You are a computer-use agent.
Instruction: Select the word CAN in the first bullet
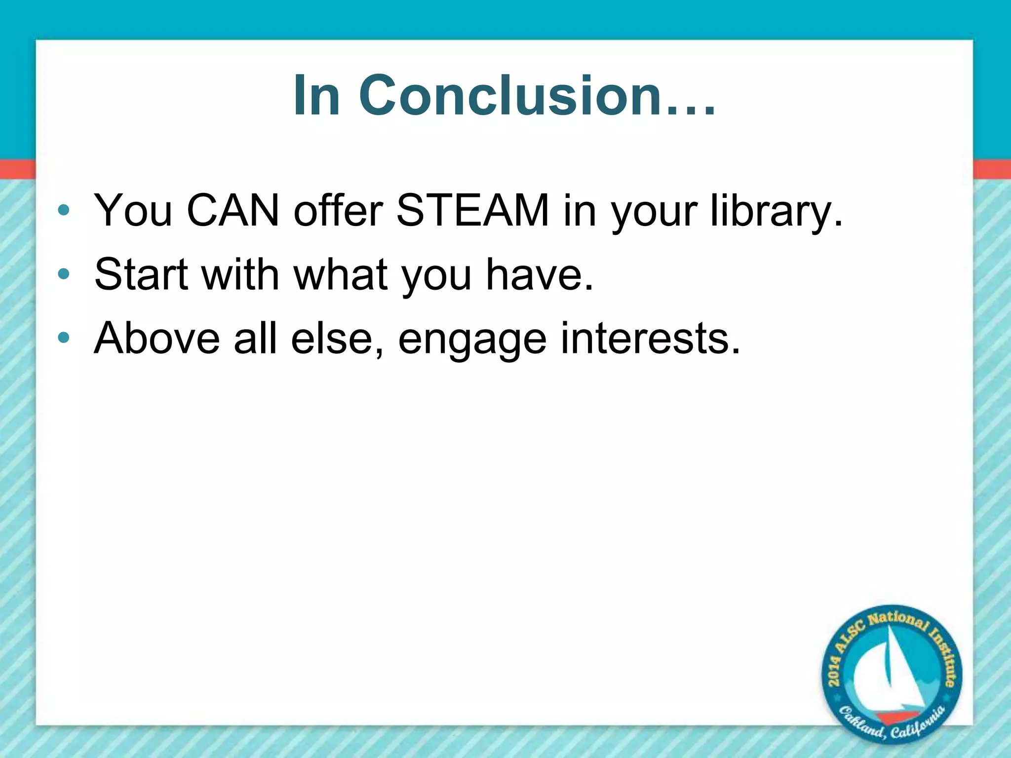tap(233, 211)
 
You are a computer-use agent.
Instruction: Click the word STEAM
tap(472, 211)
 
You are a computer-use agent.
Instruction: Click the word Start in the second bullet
tap(141, 274)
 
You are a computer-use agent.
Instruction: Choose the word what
tap(340, 274)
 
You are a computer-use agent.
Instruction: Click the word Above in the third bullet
tap(156, 339)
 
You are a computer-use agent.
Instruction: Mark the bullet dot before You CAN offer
tap(63, 211)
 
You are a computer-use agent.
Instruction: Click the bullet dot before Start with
tap(63, 274)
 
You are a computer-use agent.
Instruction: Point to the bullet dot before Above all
tap(63, 339)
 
